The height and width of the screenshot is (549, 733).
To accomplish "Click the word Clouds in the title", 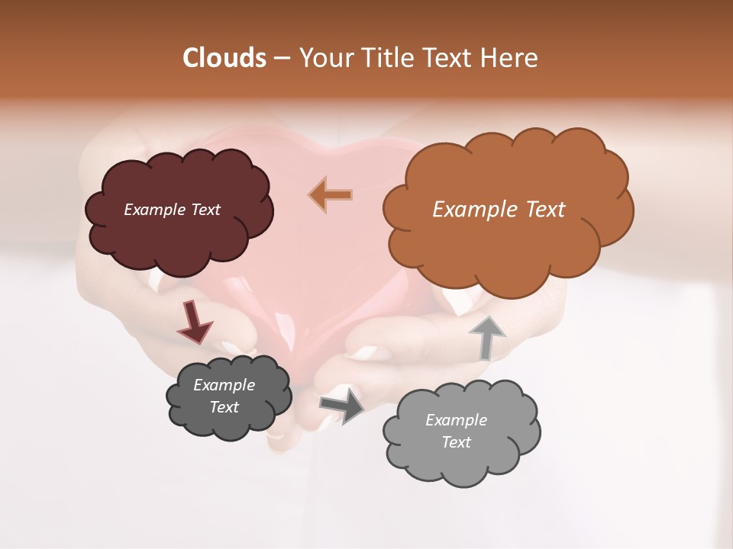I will [x=224, y=58].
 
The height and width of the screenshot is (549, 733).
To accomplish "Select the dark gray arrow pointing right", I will [x=343, y=405].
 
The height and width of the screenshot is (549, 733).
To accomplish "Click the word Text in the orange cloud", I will [x=538, y=210].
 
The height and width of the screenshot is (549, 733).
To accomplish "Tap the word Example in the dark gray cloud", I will [x=224, y=385].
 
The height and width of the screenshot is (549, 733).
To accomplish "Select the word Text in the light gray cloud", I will [x=457, y=442].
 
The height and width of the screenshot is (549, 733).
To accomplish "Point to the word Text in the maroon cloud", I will [x=205, y=210].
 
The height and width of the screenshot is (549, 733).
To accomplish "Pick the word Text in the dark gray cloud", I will [x=224, y=407].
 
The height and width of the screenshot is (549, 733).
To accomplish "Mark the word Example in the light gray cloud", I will [x=457, y=420].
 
